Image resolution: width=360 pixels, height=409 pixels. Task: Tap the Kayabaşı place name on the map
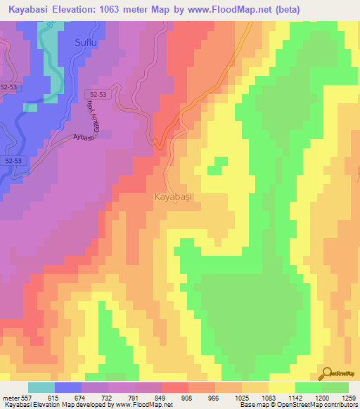[172, 198]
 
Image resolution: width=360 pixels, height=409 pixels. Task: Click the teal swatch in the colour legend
[41, 387]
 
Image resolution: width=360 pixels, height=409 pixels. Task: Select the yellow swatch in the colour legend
[281, 387]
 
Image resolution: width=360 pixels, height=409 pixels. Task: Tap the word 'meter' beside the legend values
[11, 398]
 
